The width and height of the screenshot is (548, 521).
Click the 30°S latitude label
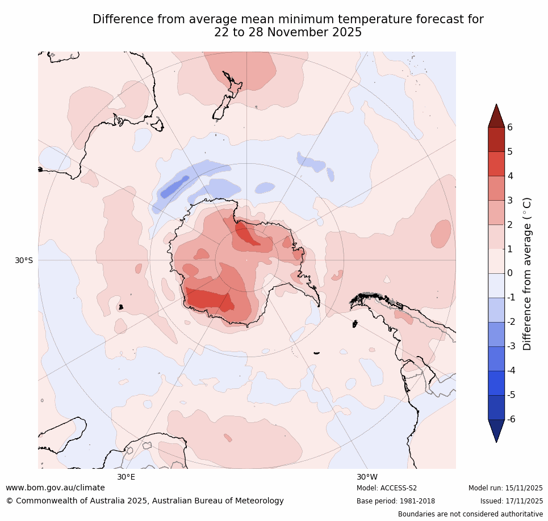click(23, 260)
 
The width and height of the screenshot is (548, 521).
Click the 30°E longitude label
click(126, 477)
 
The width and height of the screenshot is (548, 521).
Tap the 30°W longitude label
click(367, 477)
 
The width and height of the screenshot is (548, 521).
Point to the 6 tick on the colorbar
click(510, 127)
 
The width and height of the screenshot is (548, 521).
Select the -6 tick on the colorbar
click(511, 419)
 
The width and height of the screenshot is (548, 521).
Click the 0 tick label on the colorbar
click(510, 273)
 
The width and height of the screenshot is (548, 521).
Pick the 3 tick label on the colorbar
click(510, 200)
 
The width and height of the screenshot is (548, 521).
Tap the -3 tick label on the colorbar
click(511, 346)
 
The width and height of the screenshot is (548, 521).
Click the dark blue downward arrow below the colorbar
click(496, 430)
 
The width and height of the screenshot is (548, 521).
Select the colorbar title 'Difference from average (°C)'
click(527, 273)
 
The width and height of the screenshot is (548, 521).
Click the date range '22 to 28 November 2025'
click(288, 32)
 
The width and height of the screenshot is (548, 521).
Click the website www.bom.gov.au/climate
click(55, 488)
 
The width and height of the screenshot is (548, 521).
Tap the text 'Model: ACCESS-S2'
click(387, 488)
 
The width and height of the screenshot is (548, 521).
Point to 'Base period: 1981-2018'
click(396, 501)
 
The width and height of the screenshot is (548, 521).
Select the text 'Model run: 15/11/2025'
click(505, 488)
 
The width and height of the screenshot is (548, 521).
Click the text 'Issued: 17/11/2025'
click(511, 501)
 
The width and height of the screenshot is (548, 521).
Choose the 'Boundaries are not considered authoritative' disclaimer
click(470, 514)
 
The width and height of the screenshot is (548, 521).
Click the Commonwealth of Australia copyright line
click(145, 501)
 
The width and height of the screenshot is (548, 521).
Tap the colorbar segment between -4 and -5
click(496, 383)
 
